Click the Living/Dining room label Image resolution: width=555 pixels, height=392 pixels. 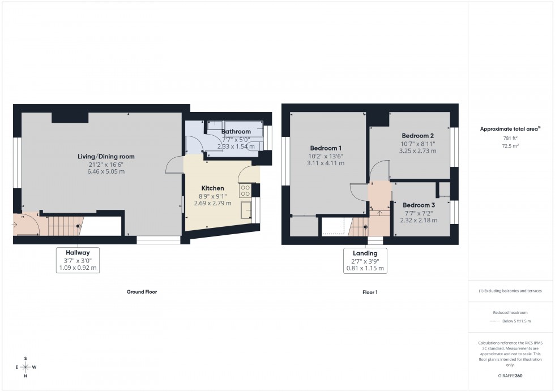point(106,156)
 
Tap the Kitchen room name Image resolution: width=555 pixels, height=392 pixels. point(212,188)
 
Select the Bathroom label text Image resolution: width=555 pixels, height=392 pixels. point(236,132)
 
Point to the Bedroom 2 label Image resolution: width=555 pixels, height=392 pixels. point(418,136)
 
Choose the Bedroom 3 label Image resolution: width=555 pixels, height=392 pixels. point(419,205)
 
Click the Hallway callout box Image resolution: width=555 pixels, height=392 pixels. point(78,260)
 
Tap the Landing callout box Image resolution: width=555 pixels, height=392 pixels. point(365,260)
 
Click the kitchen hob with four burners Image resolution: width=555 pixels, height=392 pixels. point(246,191)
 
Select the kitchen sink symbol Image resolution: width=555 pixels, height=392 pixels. point(246,209)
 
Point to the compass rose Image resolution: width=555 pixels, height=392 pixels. point(25,367)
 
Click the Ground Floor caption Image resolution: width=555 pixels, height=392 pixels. point(142,292)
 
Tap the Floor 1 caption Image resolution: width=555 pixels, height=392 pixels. point(370,292)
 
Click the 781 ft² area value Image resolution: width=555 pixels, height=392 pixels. point(511,138)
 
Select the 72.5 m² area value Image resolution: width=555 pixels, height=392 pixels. point(511,145)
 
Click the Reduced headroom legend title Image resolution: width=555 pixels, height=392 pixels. point(511,313)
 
